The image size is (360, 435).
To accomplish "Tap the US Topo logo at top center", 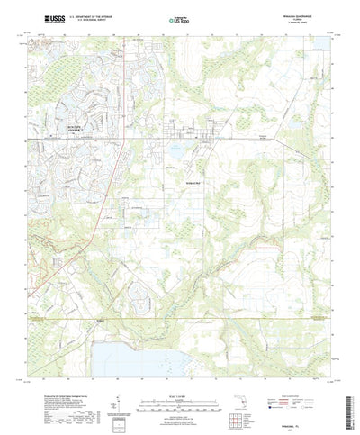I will [x=177, y=18].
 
